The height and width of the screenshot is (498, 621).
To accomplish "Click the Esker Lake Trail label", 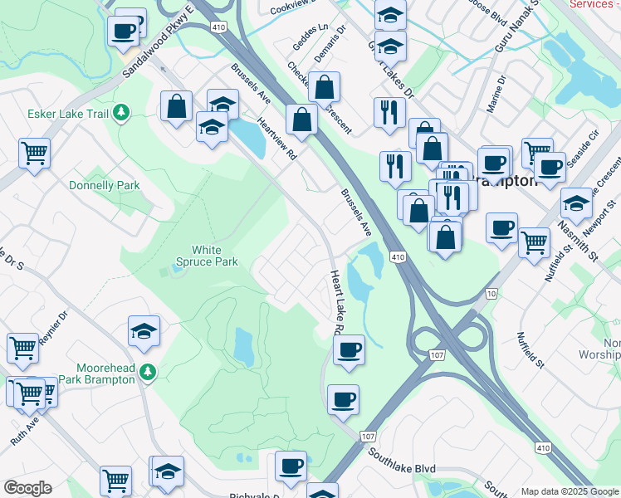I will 66,113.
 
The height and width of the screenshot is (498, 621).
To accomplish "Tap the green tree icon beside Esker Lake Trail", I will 121,111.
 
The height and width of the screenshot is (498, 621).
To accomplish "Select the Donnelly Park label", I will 105,185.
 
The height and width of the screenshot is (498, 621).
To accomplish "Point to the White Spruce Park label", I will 215,256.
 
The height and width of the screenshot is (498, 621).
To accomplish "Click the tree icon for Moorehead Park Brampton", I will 148,373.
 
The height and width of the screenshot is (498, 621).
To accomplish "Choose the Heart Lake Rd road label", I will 336,302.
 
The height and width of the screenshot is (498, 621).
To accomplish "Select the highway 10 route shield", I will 492,294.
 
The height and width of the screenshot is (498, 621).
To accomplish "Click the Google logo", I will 27,488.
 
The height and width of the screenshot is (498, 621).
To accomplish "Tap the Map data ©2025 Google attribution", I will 570,491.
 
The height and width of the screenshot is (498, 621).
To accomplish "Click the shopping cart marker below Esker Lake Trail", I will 34,152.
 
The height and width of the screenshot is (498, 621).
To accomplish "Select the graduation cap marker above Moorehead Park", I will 144,330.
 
